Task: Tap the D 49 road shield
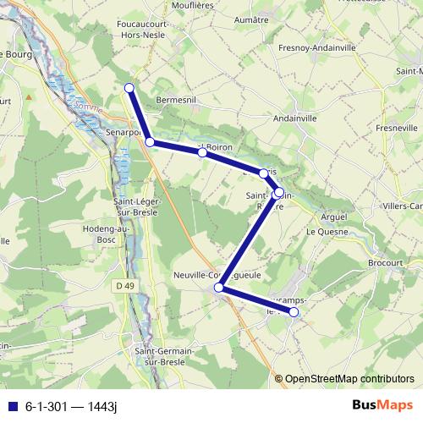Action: (x=125, y=286)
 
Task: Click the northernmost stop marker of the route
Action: (x=129, y=88)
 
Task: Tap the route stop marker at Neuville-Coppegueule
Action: (x=219, y=288)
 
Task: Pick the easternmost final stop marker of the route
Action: (x=294, y=312)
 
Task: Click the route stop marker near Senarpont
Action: (x=150, y=142)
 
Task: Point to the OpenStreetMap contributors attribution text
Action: (x=349, y=379)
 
